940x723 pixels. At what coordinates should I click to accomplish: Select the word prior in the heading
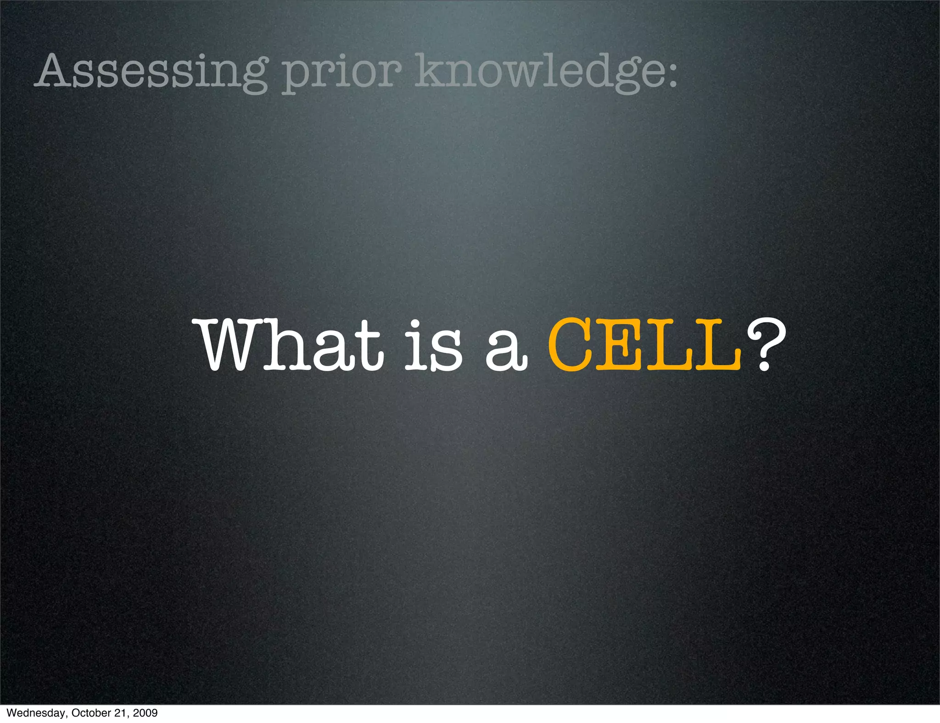coord(341,73)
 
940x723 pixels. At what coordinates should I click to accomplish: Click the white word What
coord(291,344)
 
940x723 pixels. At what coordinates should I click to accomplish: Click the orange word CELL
coord(645,344)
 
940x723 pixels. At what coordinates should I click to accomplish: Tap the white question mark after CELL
coord(764,344)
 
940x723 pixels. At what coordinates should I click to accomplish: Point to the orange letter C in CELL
coord(571,344)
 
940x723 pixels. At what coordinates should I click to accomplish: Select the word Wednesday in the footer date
coord(34,713)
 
